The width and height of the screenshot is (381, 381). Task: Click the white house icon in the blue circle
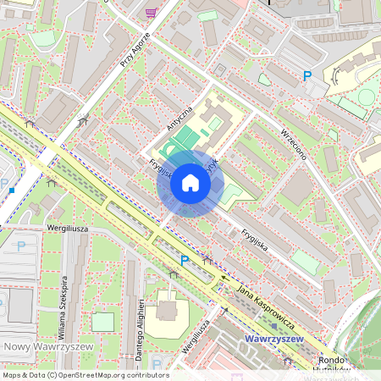pyautogui.click(x=190, y=183)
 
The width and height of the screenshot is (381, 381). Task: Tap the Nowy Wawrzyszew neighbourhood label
pyautogui.click(x=39, y=347)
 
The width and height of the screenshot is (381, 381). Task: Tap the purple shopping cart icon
pyautogui.click(x=151, y=12)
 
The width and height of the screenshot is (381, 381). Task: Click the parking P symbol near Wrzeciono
pyautogui.click(x=307, y=76)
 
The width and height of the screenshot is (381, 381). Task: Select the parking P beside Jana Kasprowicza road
pyautogui.click(x=185, y=262)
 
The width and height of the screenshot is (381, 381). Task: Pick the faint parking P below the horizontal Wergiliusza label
pyautogui.click(x=22, y=246)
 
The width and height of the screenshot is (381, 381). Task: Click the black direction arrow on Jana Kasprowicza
pyautogui.click(x=224, y=277)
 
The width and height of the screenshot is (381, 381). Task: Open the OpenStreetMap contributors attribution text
pyautogui.click(x=85, y=374)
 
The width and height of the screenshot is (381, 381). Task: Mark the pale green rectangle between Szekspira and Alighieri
pyautogui.click(x=102, y=322)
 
